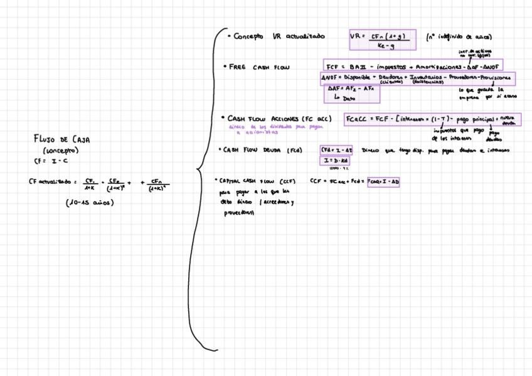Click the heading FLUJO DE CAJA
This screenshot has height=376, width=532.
coord(61,139)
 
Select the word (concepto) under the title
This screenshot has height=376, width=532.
coord(60,151)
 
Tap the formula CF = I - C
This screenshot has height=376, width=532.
coord(46,161)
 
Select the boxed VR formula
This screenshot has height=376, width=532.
coord(382,41)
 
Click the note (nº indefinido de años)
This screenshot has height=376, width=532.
coord(458,37)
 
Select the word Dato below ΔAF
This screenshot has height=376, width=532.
coord(349,99)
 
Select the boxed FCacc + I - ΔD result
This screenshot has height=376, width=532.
coord(383,181)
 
